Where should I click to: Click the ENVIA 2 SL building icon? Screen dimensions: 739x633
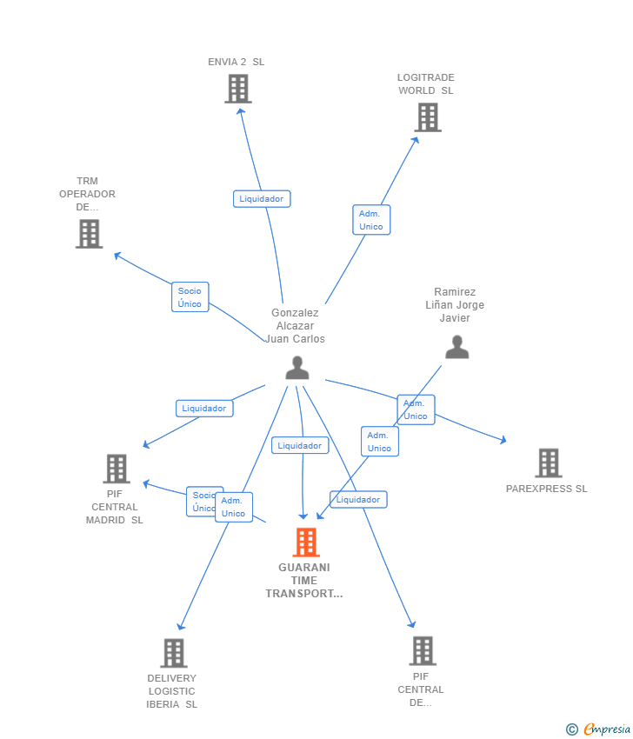pyautogui.click(x=237, y=89)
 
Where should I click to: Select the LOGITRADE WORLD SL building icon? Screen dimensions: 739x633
pyautogui.click(x=427, y=117)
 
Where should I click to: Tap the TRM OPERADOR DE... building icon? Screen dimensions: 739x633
pyautogui.click(x=89, y=234)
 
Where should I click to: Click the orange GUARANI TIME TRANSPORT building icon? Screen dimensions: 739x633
pyautogui.click(x=305, y=543)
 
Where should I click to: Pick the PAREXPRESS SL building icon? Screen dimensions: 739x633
pyautogui.click(x=548, y=463)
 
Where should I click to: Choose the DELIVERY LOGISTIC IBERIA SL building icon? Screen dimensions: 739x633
pyautogui.click(x=173, y=653)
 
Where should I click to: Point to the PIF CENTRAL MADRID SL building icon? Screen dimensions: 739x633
pyautogui.click(x=116, y=469)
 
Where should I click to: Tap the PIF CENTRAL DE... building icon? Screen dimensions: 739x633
pyautogui.click(x=422, y=650)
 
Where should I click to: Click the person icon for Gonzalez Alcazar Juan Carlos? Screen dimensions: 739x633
pyautogui.click(x=297, y=368)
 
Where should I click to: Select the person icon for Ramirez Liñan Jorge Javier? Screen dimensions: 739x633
pyautogui.click(x=456, y=347)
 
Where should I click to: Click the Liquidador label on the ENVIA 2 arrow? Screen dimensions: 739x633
pyautogui.click(x=262, y=199)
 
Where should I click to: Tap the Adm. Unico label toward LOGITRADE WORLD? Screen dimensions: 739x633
pyautogui.click(x=371, y=220)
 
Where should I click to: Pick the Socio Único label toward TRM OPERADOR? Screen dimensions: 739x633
pyautogui.click(x=190, y=297)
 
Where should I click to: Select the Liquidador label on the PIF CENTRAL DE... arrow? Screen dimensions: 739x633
pyautogui.click(x=358, y=500)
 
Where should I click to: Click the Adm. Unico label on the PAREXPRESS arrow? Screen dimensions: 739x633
pyautogui.click(x=416, y=409)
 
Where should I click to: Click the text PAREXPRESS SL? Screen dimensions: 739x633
pyautogui.click(x=546, y=489)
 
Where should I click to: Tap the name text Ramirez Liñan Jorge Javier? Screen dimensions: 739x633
pyautogui.click(x=455, y=305)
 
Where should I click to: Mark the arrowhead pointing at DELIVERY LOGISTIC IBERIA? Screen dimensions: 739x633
pyautogui.click(x=180, y=626)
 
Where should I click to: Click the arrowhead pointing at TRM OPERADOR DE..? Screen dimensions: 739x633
pyautogui.click(x=117, y=255)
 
